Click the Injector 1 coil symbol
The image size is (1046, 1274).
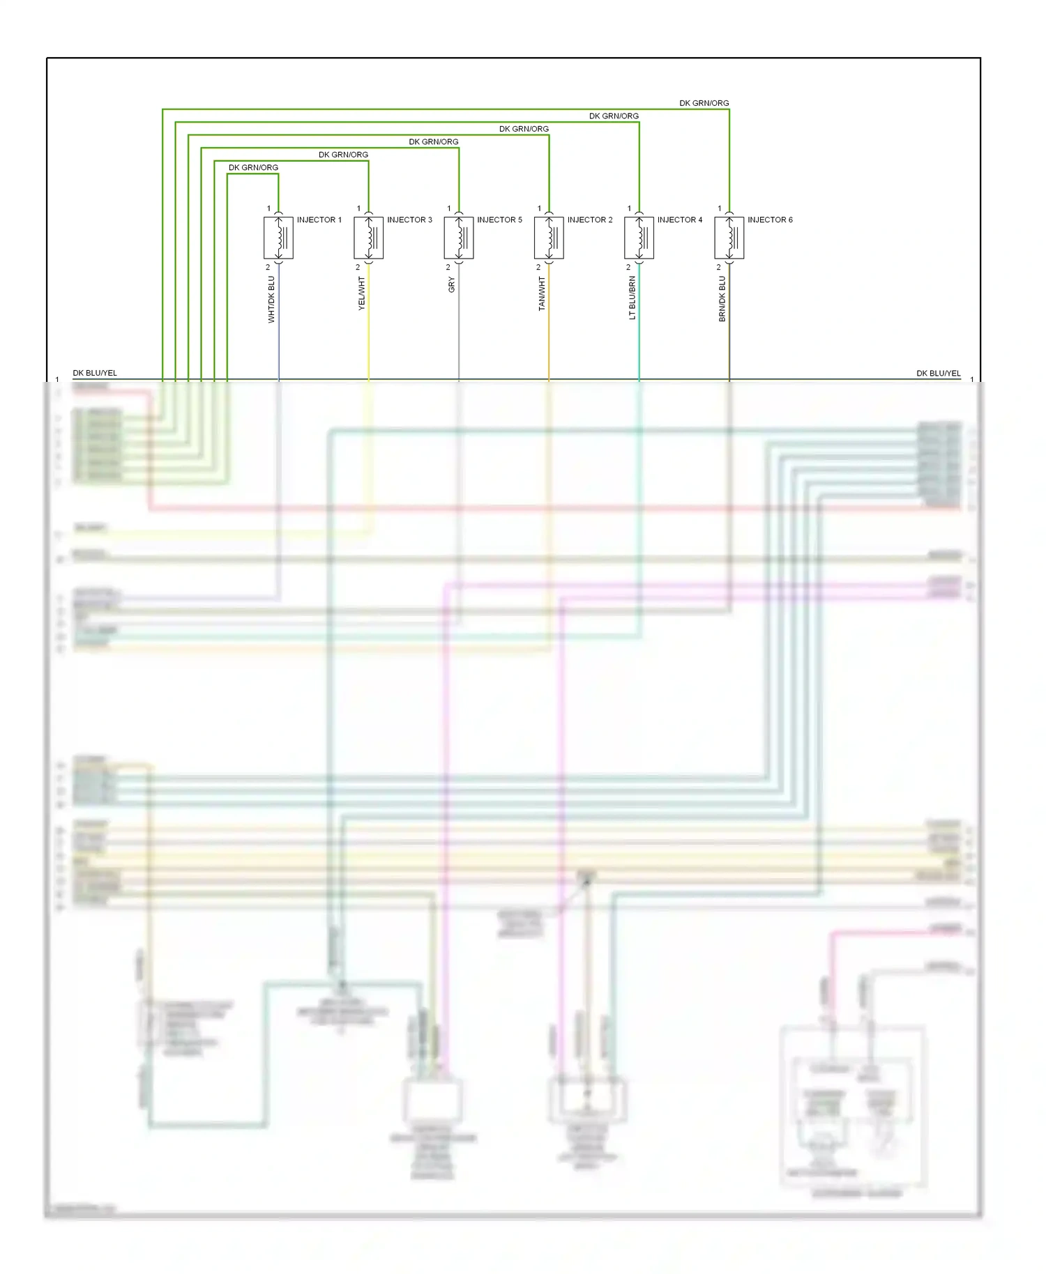click(x=278, y=238)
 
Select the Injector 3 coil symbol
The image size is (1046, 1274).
click(x=368, y=238)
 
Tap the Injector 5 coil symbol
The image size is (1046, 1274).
click(x=459, y=238)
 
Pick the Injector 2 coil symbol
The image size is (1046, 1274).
click(x=549, y=238)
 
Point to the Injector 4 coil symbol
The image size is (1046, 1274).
click(x=639, y=238)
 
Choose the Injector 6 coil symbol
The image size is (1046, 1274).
click(x=729, y=238)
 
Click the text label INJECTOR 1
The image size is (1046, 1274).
click(x=319, y=220)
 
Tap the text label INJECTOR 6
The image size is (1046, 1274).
click(x=770, y=220)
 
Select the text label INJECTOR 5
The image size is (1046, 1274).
click(x=499, y=220)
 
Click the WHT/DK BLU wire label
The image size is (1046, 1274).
click(x=271, y=299)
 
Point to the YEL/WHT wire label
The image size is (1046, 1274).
click(x=361, y=293)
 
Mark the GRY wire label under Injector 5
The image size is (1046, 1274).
click(x=451, y=284)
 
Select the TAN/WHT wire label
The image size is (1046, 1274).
click(x=542, y=293)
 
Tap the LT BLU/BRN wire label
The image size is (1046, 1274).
click(x=632, y=298)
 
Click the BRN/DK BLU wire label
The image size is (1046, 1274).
click(x=722, y=298)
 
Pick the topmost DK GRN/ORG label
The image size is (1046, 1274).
click(x=704, y=103)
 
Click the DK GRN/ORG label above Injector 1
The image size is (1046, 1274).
click(x=253, y=167)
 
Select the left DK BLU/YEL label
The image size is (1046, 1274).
click(x=95, y=373)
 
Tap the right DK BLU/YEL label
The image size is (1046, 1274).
click(x=938, y=373)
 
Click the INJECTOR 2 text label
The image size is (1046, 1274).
click(x=590, y=220)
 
